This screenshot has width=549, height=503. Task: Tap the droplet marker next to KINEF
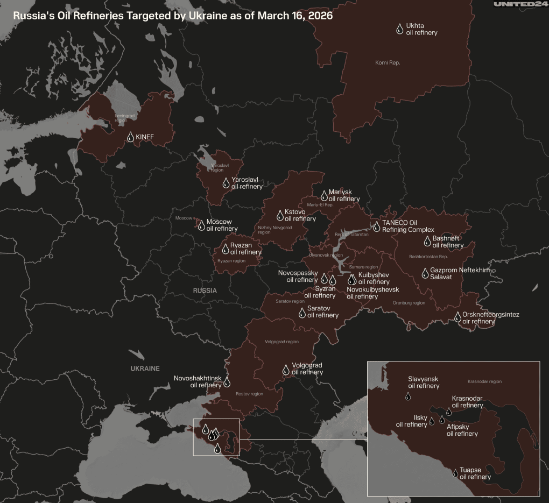pos(130,137)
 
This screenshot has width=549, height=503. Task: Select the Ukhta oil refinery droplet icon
pos(399,29)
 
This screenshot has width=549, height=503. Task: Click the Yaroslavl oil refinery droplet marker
pos(226,183)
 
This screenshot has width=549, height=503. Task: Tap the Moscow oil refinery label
pos(222,225)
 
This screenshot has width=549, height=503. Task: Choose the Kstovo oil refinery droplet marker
pos(280,215)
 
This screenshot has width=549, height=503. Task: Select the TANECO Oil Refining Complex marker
pos(377,226)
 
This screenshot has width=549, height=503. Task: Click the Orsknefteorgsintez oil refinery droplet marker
pos(457,317)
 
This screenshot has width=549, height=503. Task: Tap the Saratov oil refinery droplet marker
pos(302,311)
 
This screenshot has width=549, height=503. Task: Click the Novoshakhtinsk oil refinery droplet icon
pos(227,382)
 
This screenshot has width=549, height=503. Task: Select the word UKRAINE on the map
pos(145,369)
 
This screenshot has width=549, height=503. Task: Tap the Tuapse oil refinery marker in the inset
pos(455,473)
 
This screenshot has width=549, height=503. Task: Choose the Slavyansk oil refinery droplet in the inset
pos(408,396)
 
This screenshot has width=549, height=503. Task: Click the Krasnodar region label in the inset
pos(484,381)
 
